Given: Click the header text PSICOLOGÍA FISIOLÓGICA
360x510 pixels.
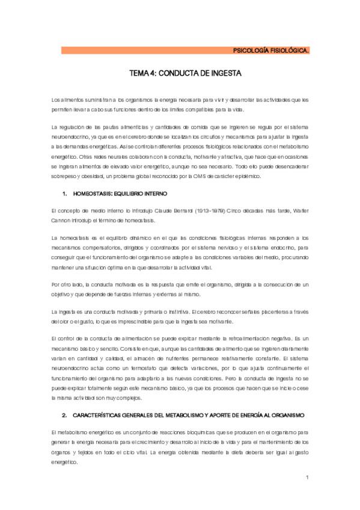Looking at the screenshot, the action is tap(271, 51).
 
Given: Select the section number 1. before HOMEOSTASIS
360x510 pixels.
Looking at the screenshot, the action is tap(65, 194).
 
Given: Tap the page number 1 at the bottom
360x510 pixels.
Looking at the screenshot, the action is tap(307, 478).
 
